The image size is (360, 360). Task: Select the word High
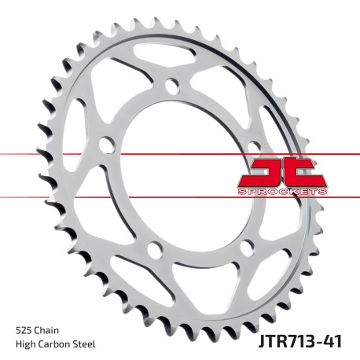click(x=26, y=343)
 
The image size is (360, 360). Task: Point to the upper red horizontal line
click(x=118, y=154)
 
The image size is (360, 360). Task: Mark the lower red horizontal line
click(x=118, y=197)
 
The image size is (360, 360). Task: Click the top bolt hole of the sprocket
click(x=172, y=87)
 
